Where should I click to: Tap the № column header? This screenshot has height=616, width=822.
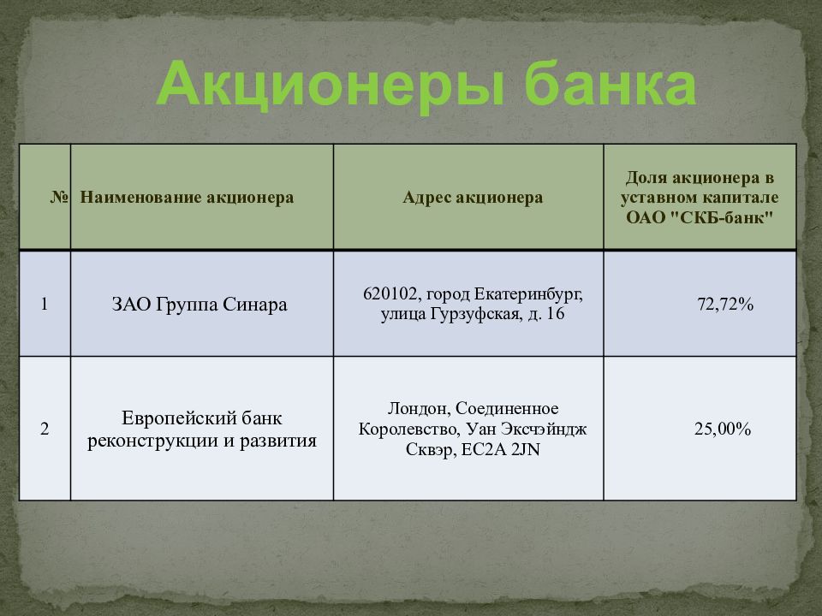58,198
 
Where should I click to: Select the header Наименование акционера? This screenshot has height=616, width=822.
187,198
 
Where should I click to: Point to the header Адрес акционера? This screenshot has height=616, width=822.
473,198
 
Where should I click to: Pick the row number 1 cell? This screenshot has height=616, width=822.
45,304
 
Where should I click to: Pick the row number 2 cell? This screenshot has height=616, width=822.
45,428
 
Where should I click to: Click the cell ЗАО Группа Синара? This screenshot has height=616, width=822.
200,304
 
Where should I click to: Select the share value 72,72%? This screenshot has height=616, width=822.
725,304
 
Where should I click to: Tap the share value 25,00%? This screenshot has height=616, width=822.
722,428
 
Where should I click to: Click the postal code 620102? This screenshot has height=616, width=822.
388,294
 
